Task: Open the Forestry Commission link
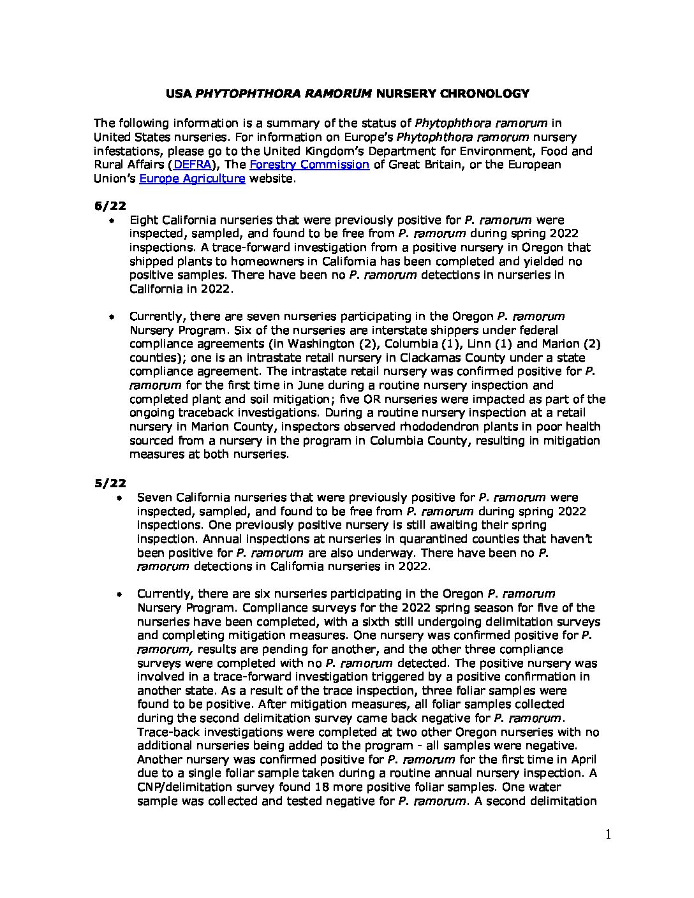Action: [309, 165]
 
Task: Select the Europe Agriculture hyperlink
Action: [192, 179]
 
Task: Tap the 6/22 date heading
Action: [110, 205]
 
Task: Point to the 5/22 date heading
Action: [110, 483]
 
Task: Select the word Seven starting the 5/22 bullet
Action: [154, 497]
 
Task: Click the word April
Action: [581, 760]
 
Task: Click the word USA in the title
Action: [178, 94]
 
